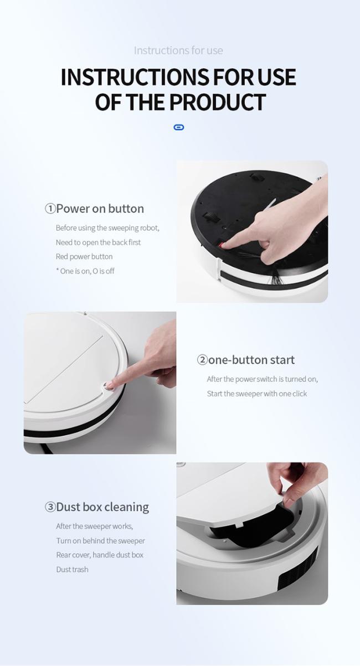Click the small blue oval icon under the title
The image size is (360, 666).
[178, 127]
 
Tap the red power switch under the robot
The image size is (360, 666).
[220, 245]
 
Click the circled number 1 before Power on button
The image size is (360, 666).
[50, 209]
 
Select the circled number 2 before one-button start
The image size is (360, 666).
[202, 360]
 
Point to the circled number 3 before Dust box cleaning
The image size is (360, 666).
[50, 507]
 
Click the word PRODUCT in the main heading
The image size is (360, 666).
[218, 102]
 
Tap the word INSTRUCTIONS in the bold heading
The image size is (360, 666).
[135, 77]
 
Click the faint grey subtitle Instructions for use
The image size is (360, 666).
[178, 50]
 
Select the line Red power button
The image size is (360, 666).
[84, 256]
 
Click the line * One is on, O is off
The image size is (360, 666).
[85, 271]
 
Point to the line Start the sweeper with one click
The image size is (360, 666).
[257, 394]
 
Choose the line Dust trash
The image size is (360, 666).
[73, 569]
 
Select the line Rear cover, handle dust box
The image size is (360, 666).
[100, 555]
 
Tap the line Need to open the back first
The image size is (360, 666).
[98, 242]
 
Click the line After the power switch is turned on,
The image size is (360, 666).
[262, 379]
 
